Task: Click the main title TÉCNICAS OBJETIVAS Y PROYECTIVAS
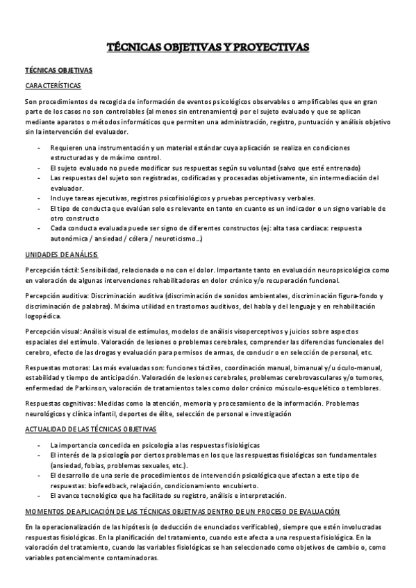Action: pos(208,47)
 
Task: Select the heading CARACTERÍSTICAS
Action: pos(53,85)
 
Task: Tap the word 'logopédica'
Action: pos(42,315)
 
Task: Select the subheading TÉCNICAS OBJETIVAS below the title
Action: pos(54,71)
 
